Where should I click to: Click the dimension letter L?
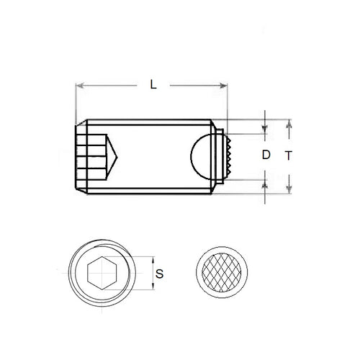pos(153,84)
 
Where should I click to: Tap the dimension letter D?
pos(266,154)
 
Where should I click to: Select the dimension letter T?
pos(288,155)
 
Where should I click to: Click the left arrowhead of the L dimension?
pos(79,86)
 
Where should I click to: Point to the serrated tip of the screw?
pos(225,154)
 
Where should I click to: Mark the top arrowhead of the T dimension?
pos(289,122)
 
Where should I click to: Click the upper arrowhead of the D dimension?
pos(266,130)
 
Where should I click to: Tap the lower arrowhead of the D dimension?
pos(266,181)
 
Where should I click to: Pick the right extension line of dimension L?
pos(228,101)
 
